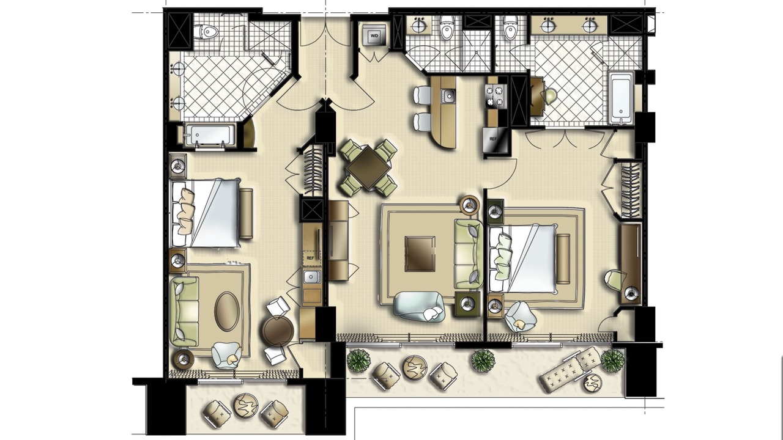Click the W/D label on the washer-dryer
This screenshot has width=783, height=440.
point(374,35)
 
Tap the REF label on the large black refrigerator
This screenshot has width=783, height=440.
point(493,139)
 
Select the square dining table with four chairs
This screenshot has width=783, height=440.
point(368,168)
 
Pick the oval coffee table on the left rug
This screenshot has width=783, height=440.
point(227,311)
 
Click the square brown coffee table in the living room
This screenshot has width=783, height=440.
point(420,254)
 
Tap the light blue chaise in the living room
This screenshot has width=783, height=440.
point(419,306)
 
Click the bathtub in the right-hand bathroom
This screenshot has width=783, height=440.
point(621,98)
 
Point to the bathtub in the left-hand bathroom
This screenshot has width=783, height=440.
point(209,135)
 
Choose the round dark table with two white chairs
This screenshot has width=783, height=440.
point(278,331)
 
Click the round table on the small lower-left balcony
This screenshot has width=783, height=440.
point(246,405)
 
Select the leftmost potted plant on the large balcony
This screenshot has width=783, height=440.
point(358,360)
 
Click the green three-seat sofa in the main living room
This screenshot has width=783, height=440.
point(469,254)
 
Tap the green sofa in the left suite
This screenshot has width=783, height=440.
point(184,312)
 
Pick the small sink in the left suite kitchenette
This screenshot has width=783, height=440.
point(311,277)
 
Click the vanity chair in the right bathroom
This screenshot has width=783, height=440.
point(550,97)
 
